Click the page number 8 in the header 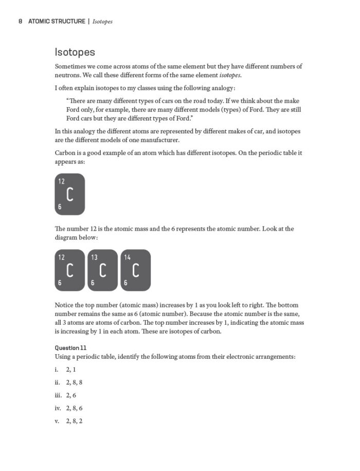(20, 22)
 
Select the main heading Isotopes (75, 53)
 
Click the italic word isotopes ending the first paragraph (226, 76)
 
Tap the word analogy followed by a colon (222, 88)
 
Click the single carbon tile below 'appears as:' (69, 194)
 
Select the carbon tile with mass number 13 (102, 270)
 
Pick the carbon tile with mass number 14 (135, 270)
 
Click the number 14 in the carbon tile (128, 257)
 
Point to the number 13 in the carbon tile (95, 257)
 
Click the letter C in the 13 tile (103, 270)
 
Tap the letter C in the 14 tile (136, 270)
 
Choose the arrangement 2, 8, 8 (74, 382)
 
